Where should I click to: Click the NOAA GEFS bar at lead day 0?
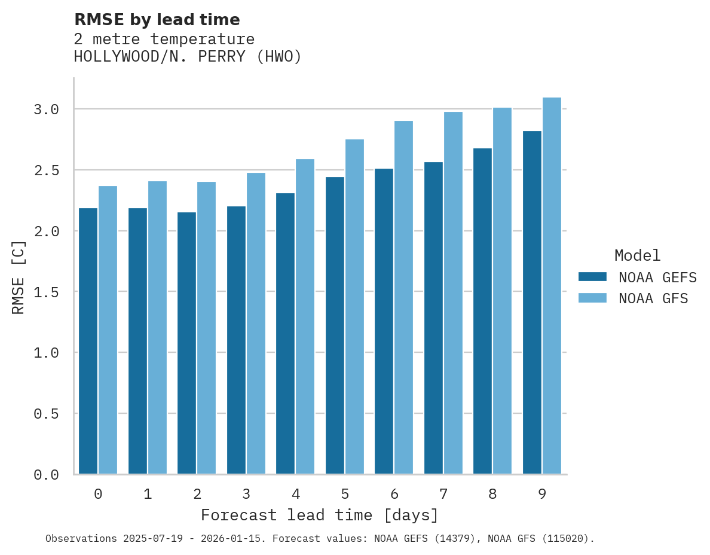(x=88, y=341)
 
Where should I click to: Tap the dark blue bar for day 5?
(x=335, y=326)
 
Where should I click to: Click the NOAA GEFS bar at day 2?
(x=186, y=343)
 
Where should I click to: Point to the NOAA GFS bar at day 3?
(x=256, y=324)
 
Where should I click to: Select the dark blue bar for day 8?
(x=482, y=311)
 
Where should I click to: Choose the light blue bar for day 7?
(x=453, y=293)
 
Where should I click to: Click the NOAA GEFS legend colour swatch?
(x=592, y=277)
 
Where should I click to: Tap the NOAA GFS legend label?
(x=653, y=298)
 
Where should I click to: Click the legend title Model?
(x=637, y=256)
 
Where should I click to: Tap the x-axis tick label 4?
(x=296, y=494)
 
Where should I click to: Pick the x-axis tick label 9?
(x=542, y=494)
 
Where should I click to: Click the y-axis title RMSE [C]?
(x=19, y=276)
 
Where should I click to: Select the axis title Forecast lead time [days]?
(x=320, y=515)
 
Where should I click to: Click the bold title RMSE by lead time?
(x=157, y=20)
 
